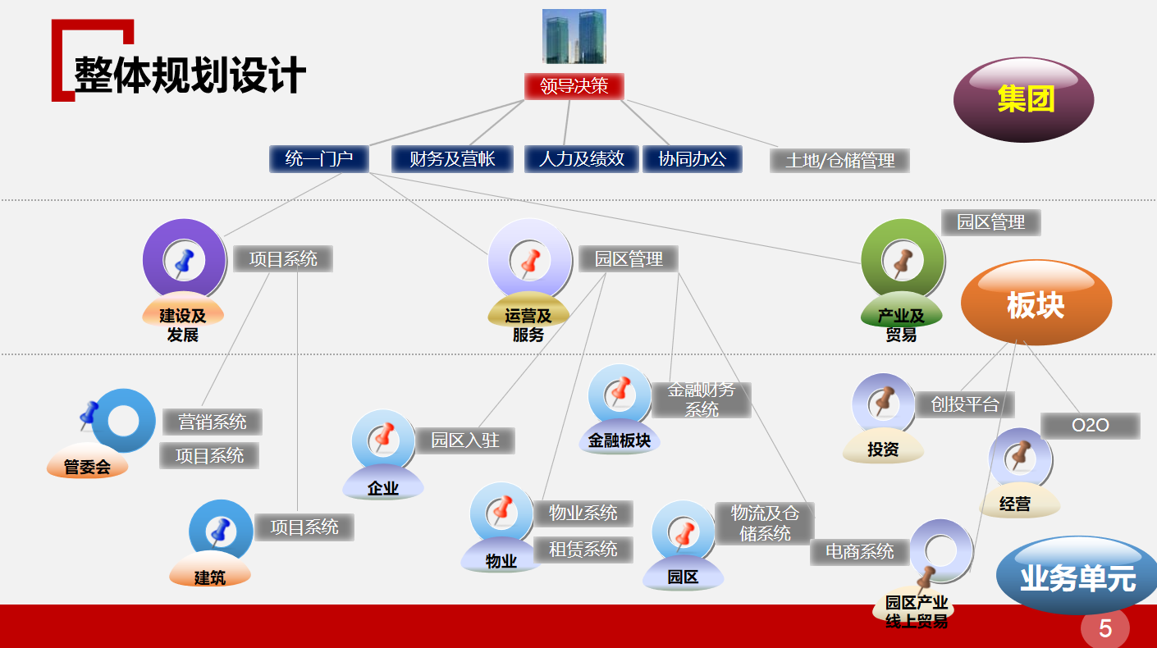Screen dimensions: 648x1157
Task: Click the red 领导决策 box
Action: point(574,86)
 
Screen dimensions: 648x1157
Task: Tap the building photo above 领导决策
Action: point(574,36)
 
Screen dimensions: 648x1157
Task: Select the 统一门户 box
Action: point(319,159)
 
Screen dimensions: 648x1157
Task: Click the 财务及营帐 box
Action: point(452,159)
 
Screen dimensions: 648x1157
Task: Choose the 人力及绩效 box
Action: point(582,159)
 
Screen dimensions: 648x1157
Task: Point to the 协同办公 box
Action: point(693,159)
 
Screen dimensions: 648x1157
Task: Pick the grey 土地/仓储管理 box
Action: point(839,161)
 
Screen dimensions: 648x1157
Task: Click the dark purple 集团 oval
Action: point(1023,99)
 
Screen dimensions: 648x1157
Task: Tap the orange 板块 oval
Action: point(1036,303)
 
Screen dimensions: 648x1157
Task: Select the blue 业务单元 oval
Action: point(1077,576)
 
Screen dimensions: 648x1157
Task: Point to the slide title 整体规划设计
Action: point(190,75)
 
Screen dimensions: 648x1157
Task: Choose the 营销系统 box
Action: point(213,422)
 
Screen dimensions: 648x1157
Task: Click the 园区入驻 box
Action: point(465,440)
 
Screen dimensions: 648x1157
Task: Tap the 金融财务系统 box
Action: point(702,399)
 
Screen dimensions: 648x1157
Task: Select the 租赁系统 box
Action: point(583,550)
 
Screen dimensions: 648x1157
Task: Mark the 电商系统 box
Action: point(859,552)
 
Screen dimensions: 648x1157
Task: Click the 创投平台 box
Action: point(965,404)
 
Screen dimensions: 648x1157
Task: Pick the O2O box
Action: point(1091,426)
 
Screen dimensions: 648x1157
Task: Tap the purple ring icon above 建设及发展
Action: point(185,260)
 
